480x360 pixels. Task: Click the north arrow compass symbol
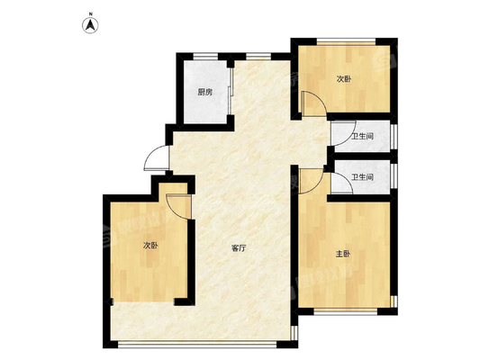point(90,25)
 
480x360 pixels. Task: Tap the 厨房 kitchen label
point(205,92)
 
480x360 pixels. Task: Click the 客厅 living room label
point(239,248)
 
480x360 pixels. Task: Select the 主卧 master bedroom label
point(343,254)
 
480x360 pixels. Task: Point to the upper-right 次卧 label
point(344,79)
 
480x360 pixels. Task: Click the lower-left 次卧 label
point(151,246)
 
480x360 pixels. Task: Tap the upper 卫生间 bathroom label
point(362,137)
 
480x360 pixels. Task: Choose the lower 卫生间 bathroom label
point(362,177)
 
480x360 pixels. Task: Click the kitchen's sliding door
point(231,92)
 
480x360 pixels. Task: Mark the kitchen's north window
point(205,57)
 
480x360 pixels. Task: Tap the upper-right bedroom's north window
point(346,41)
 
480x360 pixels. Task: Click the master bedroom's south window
point(346,311)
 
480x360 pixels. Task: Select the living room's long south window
point(197,345)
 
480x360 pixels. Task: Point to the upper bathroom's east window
point(394,136)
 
